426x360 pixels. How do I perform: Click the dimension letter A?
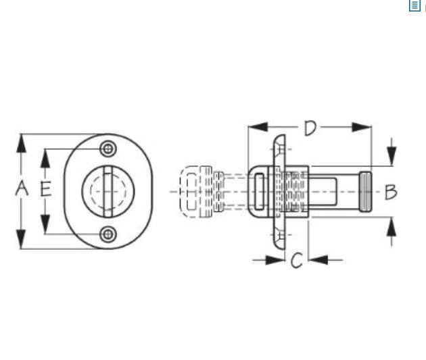coord(22,188)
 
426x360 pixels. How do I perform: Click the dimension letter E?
coord(46,188)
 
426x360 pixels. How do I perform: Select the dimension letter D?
coord(310,128)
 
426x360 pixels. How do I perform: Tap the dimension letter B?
coord(391,192)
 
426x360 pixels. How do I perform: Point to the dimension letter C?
coord(296,260)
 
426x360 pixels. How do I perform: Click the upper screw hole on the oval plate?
coord(108,149)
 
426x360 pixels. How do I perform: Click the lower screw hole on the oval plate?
coord(108,234)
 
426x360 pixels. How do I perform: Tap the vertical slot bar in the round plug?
coord(108,192)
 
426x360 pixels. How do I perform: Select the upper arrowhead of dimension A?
coord(21,143)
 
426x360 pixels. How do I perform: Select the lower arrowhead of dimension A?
coord(21,239)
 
